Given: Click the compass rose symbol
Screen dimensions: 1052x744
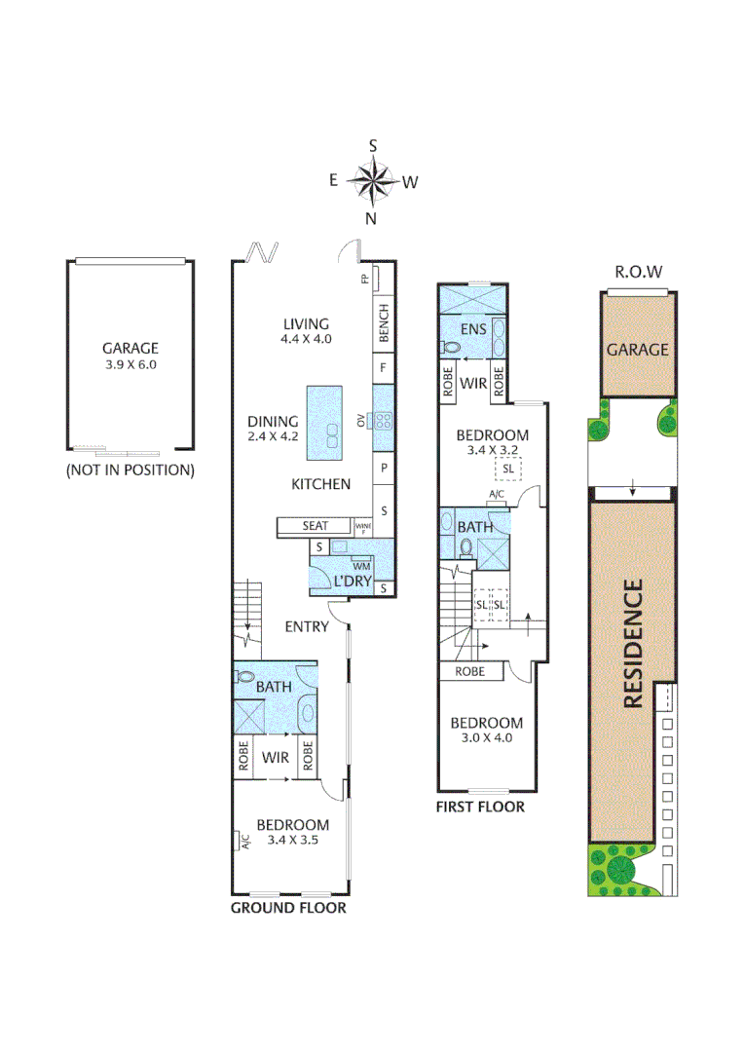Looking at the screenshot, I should [371, 180].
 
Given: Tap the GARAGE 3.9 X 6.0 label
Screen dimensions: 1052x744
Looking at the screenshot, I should [130, 357].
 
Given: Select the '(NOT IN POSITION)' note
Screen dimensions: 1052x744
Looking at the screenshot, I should [130, 470].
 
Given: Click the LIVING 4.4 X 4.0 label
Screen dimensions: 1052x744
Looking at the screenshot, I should [307, 331].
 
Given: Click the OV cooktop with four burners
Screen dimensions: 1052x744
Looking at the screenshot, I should [383, 421].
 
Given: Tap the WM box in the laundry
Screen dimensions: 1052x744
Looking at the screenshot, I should [360, 566].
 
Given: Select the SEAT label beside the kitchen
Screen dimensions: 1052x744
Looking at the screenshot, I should [315, 526].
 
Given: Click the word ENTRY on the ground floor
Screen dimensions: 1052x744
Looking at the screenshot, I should [307, 626].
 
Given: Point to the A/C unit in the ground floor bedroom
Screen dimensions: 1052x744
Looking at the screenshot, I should [240, 842].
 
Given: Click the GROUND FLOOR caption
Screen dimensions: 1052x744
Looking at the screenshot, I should [288, 908].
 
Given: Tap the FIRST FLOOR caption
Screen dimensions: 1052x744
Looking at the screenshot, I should [480, 807].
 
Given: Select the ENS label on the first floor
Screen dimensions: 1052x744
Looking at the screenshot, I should [474, 329].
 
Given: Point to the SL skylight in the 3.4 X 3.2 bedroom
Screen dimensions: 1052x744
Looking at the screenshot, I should [507, 469].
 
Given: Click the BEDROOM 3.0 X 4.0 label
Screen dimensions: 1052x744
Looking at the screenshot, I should [486, 730].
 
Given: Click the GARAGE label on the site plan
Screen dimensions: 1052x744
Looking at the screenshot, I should [638, 349].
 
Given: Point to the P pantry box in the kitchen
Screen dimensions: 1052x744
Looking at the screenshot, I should [384, 468].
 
